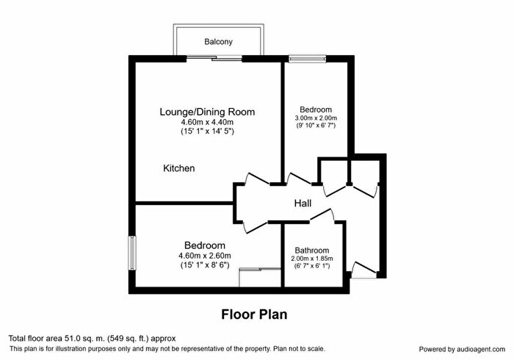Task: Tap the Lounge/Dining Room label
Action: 207,112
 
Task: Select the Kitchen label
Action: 179,169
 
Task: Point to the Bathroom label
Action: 312,250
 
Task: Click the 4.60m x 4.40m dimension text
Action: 207,122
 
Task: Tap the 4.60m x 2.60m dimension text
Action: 204,256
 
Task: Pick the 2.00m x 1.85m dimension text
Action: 312,259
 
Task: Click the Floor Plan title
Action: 254,314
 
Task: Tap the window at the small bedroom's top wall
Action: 301,58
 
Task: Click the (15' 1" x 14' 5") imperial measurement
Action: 207,132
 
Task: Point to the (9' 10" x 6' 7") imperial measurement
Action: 316,126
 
